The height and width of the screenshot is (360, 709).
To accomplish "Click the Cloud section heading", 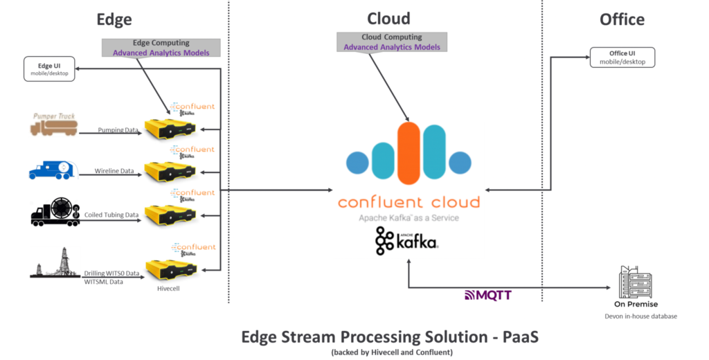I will pos(388,19).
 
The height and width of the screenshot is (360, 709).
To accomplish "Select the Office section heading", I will pos(622,19).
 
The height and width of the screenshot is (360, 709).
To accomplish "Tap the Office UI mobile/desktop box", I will pos(622,57).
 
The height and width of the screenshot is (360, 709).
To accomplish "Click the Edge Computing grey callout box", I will pos(161,48).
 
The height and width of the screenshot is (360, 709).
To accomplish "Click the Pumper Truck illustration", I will pos(54,124).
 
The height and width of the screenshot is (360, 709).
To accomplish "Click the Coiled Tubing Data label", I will pos(111,215).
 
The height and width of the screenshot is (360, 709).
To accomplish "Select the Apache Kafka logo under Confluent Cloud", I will pos(406,240).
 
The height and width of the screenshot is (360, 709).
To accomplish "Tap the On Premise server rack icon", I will pos(635,281).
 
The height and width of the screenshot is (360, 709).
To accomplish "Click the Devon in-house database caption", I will pos(635,316).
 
